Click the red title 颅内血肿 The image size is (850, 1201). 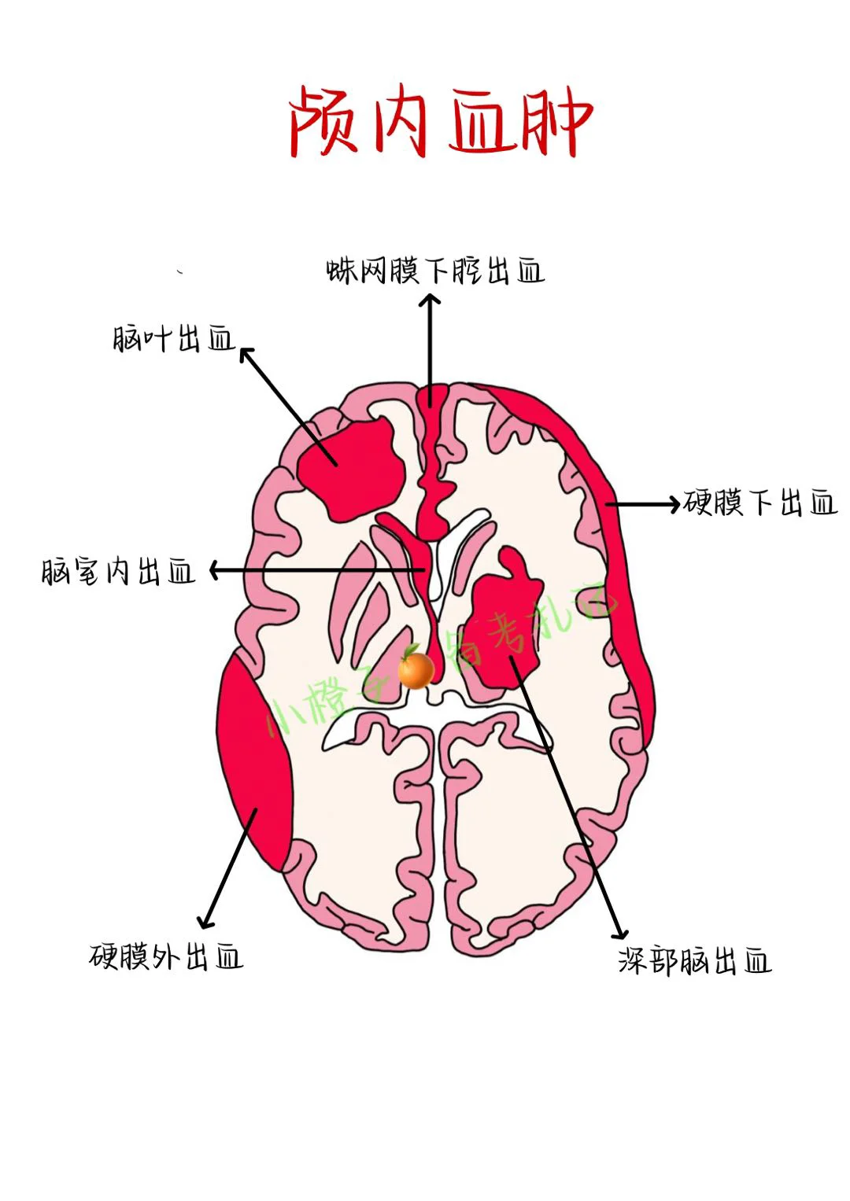(441, 122)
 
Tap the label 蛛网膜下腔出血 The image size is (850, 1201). (435, 271)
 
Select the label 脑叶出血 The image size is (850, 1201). (174, 339)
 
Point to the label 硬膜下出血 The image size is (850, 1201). (760, 502)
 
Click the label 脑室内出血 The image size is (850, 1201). (118, 571)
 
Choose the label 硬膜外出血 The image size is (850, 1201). (166, 957)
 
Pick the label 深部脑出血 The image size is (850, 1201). (694, 961)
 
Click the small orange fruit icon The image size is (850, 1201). (416, 669)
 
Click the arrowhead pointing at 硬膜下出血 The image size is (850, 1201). (674, 503)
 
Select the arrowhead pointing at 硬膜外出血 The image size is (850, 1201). (206, 923)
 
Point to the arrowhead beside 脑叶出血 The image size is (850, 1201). (246, 353)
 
